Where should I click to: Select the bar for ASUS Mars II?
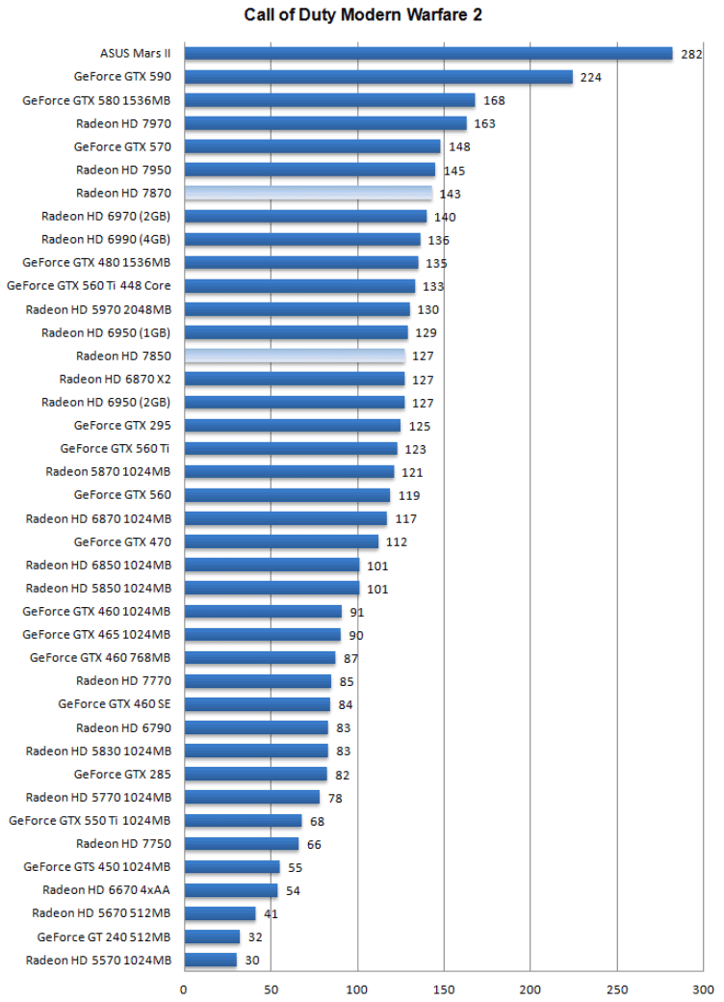[x=427, y=54]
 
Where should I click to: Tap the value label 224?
[x=591, y=77]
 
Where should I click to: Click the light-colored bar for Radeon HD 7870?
[x=308, y=193]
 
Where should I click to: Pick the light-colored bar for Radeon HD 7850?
[x=295, y=356]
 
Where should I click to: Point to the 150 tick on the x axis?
[x=444, y=988]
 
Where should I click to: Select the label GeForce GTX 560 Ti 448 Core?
[x=89, y=286]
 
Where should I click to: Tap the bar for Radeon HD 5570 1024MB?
[x=210, y=960]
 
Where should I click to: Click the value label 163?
[x=485, y=123]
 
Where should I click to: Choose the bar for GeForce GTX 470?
[x=281, y=541]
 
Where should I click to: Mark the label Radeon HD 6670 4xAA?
[x=107, y=889]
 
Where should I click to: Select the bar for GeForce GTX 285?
[x=255, y=774]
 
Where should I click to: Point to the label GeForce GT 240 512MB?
[x=104, y=936]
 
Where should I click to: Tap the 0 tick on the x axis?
[x=184, y=988]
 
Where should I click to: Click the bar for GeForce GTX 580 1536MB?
[x=329, y=100]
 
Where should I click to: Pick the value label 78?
[x=335, y=798]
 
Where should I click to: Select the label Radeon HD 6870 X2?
[x=115, y=379]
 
